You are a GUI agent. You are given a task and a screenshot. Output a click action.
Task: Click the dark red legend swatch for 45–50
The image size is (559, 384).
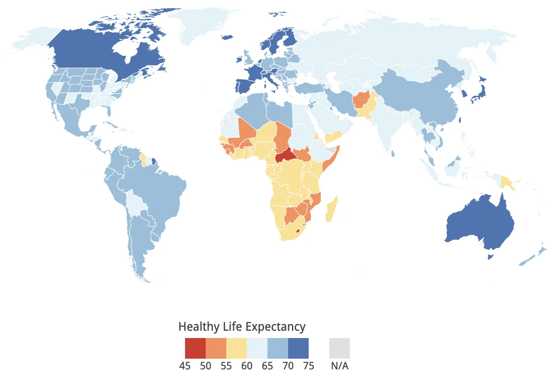pos(195,348)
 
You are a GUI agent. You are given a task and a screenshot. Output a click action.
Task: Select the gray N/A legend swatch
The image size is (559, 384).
pos(339,348)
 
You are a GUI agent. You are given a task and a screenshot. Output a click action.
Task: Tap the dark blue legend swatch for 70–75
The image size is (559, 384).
pos(298,348)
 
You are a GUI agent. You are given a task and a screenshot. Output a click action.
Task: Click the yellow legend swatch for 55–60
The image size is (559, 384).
pos(237,348)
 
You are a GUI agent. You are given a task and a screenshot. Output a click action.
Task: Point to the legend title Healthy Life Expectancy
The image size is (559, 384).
pos(242,326)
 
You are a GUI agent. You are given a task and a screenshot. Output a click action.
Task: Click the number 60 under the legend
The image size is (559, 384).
pos(246,366)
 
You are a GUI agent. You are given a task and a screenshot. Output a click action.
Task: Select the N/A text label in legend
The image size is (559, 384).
pos(340,366)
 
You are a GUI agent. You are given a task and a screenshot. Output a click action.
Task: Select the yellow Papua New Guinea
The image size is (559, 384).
pos(510,184)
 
